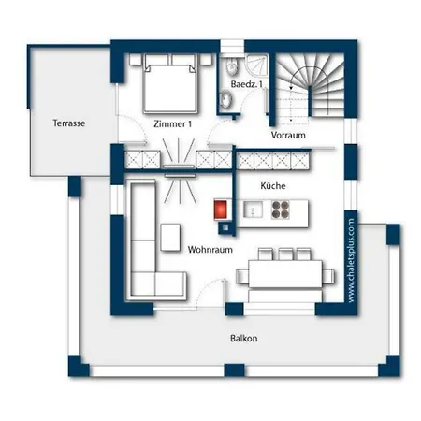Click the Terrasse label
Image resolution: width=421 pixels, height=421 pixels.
pyautogui.click(x=69, y=123)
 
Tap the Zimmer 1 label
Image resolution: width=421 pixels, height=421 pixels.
pyautogui.click(x=172, y=124)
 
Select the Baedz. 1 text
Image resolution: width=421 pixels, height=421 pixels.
pyautogui.click(x=246, y=84)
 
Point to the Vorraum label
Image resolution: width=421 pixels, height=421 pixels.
pyautogui.click(x=288, y=135)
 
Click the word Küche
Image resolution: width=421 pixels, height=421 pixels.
pyautogui.click(x=273, y=186)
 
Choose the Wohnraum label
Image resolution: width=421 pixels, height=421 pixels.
pyautogui.click(x=210, y=250)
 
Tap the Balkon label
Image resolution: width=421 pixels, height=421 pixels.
pyautogui.click(x=244, y=339)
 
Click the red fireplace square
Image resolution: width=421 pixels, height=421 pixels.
pyautogui.click(x=221, y=209)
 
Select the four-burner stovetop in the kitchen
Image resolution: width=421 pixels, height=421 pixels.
pyautogui.click(x=280, y=210)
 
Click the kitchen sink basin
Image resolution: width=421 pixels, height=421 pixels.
pyautogui.click(x=253, y=210)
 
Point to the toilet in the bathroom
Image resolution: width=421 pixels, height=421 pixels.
pyautogui.click(x=231, y=65)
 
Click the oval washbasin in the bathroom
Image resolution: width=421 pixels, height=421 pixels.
pyautogui.click(x=225, y=100)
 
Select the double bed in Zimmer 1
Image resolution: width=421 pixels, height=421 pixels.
pyautogui.click(x=170, y=83)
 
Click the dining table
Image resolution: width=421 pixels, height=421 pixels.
pyautogui.click(x=285, y=274)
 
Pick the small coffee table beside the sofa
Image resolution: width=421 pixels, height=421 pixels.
pyautogui.click(x=170, y=237)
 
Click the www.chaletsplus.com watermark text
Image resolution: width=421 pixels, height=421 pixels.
pyautogui.click(x=351, y=260)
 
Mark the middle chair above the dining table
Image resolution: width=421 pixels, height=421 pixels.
pyautogui.click(x=285, y=254)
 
